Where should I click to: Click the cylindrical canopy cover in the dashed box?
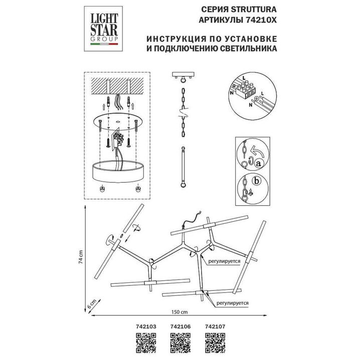119,171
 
